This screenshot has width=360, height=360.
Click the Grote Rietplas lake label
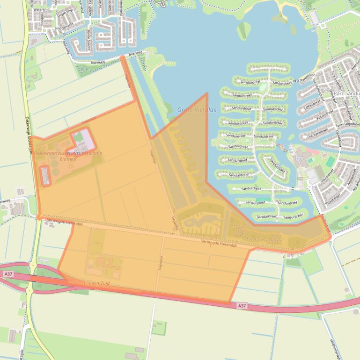click(197, 110)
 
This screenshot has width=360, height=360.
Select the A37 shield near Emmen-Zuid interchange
click(7, 274)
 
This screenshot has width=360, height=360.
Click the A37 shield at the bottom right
click(241, 305)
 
